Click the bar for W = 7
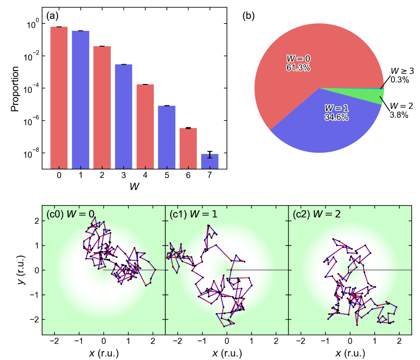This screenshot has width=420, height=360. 210,161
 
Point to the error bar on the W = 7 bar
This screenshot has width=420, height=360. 210,155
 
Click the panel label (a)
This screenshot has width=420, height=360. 52,16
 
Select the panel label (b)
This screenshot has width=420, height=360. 249,16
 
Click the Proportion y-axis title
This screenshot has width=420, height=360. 15,89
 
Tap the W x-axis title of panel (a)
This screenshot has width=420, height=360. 134,187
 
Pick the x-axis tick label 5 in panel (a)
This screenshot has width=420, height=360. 166,175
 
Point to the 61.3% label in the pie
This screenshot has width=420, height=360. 298,68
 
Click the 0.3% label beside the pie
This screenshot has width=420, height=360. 400,80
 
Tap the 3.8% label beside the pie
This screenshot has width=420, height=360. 399,115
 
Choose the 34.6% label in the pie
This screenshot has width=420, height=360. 336,117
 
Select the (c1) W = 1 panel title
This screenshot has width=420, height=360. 193,214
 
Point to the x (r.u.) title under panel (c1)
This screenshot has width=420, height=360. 227,353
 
